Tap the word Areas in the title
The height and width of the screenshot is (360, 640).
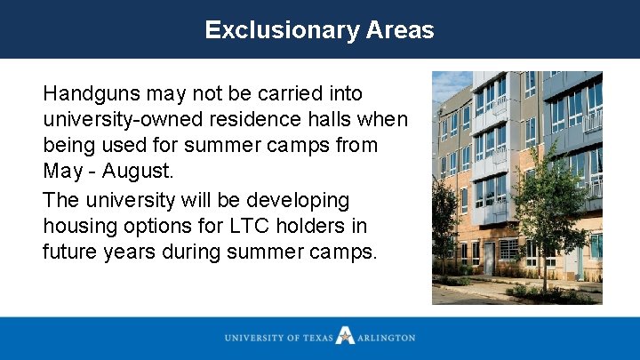click(399, 30)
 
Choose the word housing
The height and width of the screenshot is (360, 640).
click(79, 226)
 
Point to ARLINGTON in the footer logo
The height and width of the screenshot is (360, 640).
click(387, 338)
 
